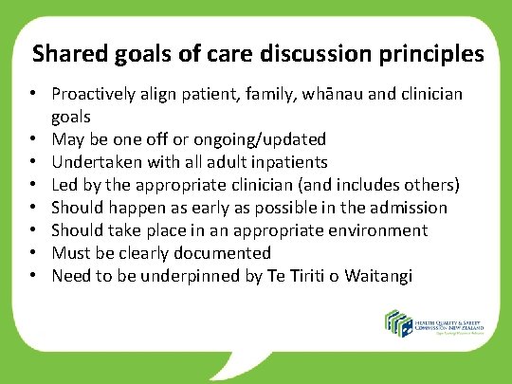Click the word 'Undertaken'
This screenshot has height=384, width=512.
pos(93,162)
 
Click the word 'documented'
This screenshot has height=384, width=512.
pos(225,253)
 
